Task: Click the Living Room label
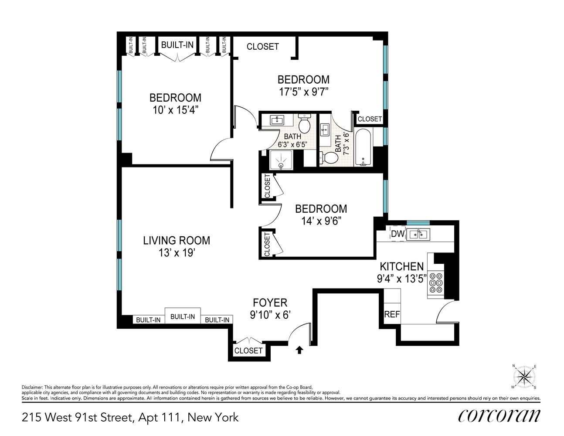coord(177,240)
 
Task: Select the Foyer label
coord(270,303)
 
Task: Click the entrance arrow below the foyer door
coord(299,349)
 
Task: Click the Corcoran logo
coord(499,416)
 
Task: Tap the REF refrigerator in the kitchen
coord(392,314)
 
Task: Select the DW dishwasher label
coord(398,234)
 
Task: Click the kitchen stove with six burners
coord(436,283)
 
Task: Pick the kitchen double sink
coord(418,234)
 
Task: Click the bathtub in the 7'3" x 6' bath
coord(363,148)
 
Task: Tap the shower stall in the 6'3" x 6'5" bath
coord(281,160)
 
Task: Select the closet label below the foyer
coord(248,351)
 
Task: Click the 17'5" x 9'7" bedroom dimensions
coord(303,92)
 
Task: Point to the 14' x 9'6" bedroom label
coord(321,208)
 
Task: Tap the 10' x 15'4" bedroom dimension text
coord(175,110)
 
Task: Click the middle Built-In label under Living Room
coord(182,317)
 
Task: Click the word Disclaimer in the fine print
coord(32,387)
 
